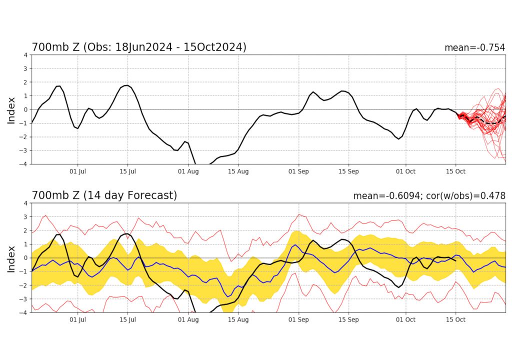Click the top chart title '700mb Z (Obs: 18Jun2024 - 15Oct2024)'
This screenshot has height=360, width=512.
[x=139, y=47]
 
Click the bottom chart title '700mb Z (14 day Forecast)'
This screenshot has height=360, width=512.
[x=104, y=195]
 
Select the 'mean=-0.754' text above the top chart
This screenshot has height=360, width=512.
[x=474, y=48]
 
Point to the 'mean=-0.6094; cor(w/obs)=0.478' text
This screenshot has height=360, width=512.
[x=429, y=196]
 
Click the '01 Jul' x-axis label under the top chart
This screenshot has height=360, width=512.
[x=78, y=171]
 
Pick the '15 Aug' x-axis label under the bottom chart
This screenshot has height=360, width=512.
[x=238, y=320]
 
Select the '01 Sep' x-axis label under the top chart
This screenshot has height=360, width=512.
[x=299, y=171]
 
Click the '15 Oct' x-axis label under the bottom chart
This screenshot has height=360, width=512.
[x=455, y=320]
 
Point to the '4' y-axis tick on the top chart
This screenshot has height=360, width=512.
[x=25, y=54]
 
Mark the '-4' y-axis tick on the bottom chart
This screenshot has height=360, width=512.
[x=24, y=312]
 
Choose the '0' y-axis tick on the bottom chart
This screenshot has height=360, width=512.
[x=25, y=258]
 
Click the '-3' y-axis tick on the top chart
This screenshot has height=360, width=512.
[x=24, y=150]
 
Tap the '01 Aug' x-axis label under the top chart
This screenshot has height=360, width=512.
[x=188, y=171]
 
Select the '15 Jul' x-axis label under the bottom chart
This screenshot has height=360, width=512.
[x=127, y=320]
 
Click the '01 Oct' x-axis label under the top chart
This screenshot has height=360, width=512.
[x=405, y=171]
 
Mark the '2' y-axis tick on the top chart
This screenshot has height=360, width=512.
[x=25, y=82]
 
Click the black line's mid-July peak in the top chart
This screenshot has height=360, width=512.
[x=126, y=85]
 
